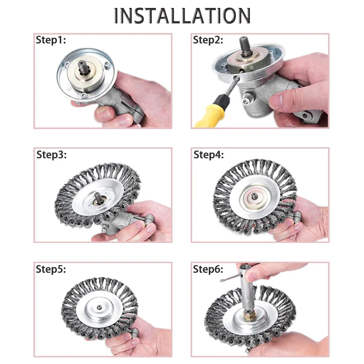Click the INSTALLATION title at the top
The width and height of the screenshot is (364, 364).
pos(182,15)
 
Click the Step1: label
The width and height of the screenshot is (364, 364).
pos(51,40)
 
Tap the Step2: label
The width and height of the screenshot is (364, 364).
pos(208,40)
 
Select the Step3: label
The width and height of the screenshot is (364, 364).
pos(51,155)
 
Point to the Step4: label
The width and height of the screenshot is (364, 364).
pos(208,155)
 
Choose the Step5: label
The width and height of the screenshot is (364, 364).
pos(51,269)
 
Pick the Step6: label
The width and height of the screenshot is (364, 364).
pos(208,269)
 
